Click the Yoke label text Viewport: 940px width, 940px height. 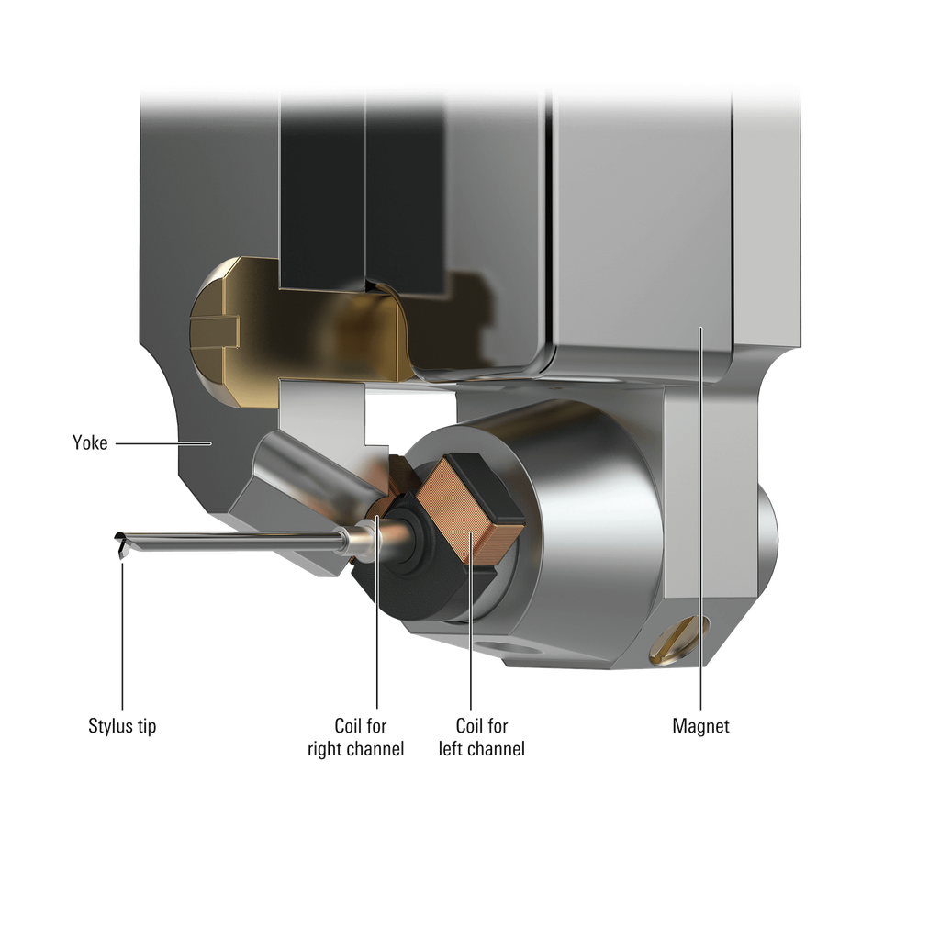pos(90,442)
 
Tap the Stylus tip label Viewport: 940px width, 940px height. pos(122,726)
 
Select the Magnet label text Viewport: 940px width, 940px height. pos(700,726)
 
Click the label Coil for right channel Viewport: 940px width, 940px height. pos(356,737)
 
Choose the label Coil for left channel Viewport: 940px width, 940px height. pos(482,737)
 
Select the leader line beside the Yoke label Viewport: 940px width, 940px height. pos(163,443)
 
